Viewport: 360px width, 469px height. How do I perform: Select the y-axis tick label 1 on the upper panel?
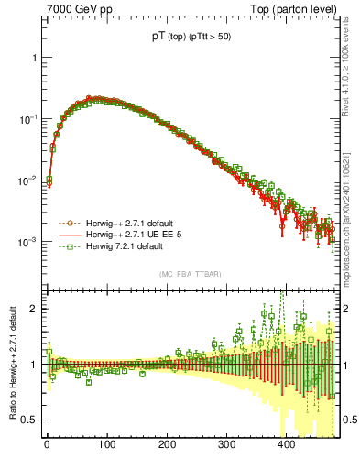34,57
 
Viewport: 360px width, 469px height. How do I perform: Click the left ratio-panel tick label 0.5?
29,420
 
